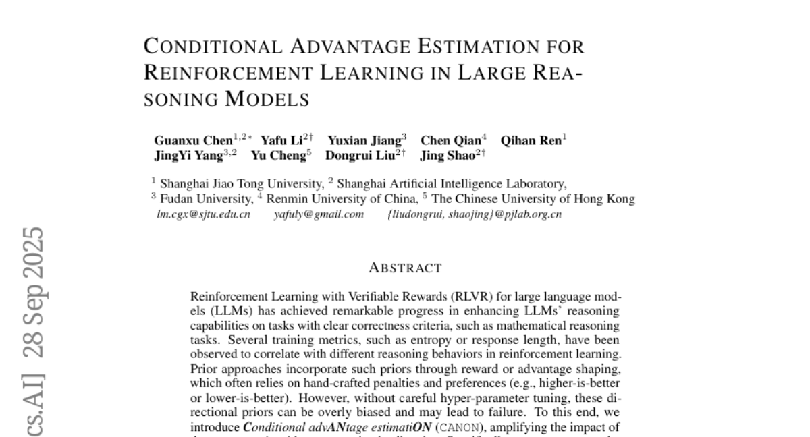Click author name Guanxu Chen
193,141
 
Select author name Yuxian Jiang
364,141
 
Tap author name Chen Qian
450,141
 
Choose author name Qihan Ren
531,141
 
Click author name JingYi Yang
189,156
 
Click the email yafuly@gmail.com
319,214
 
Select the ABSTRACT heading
405,268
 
